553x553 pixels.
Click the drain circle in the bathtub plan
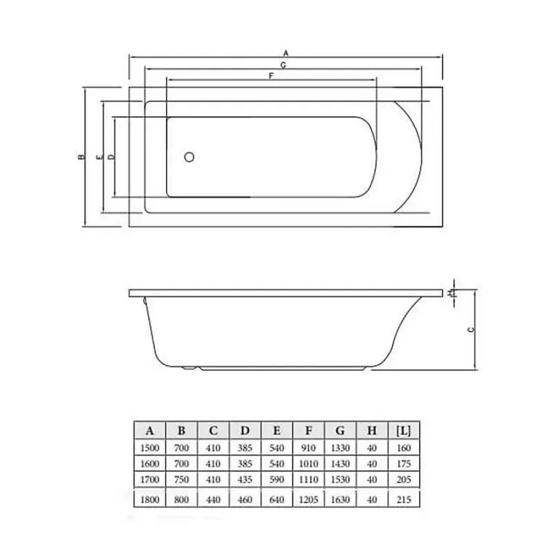click(x=189, y=157)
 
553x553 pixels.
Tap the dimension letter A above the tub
click(x=286, y=53)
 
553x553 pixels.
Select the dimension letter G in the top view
click(x=283, y=65)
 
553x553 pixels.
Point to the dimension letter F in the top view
click(x=271, y=76)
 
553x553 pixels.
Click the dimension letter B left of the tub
click(x=82, y=157)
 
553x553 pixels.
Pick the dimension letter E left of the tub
click(x=100, y=157)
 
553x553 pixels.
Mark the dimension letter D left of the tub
click(x=111, y=157)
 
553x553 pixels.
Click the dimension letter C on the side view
click(x=471, y=330)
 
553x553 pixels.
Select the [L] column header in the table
click(x=404, y=430)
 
